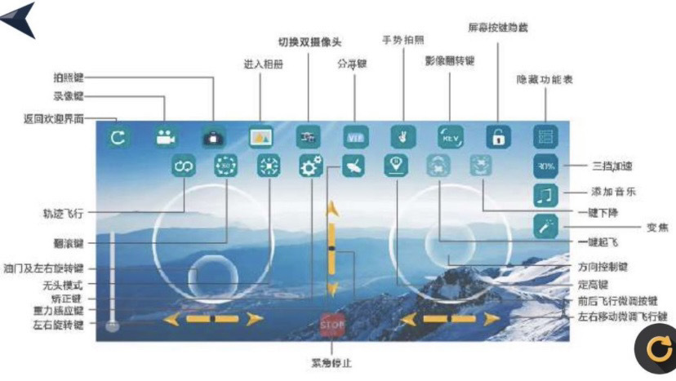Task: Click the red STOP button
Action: coord(333,326)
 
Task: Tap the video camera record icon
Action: coord(166,137)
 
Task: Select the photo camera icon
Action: coord(213,137)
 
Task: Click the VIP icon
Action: coord(356,137)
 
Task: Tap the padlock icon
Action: coord(497,137)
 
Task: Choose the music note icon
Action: coord(545,195)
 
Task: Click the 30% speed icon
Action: coord(545,166)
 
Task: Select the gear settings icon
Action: coord(310,166)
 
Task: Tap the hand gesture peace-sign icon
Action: coord(402,136)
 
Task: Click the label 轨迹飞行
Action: coord(64,213)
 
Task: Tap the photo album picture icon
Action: coord(261,137)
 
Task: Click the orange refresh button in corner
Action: coord(656,349)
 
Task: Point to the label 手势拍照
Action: coord(402,39)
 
